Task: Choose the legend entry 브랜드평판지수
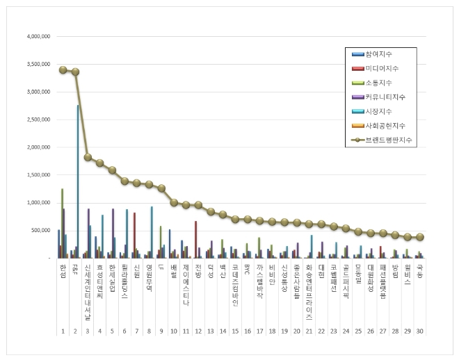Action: point(390,140)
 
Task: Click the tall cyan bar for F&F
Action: point(78,181)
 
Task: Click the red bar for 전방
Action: point(196,239)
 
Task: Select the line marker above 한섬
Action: point(63,69)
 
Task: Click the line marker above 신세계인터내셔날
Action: point(88,157)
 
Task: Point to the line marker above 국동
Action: point(420,237)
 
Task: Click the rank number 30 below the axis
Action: point(420,331)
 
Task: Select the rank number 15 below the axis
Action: point(235,331)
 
